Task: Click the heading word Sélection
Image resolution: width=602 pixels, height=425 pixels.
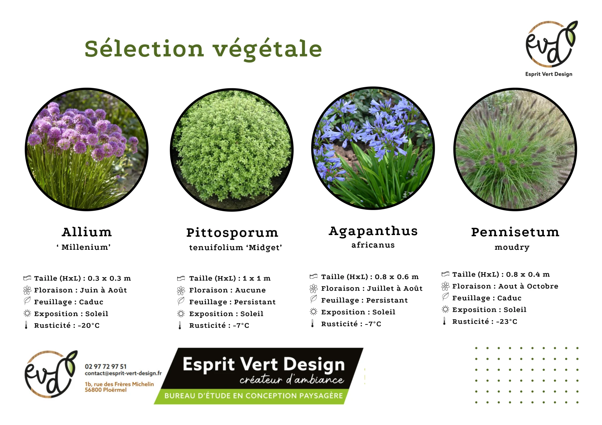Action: (144, 48)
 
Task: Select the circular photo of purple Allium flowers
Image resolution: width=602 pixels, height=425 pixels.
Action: (87, 149)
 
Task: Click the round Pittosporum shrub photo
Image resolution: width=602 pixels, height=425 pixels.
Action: (232, 150)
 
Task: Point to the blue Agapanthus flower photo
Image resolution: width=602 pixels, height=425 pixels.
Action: (373, 148)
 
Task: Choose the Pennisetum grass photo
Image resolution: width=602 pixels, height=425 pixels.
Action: (515, 149)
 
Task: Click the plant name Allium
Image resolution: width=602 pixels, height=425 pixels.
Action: (87, 232)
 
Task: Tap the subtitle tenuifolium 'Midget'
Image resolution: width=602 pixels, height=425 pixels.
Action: (235, 247)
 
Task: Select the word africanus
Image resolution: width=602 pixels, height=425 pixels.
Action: (373, 245)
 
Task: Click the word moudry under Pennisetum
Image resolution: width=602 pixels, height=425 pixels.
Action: (512, 247)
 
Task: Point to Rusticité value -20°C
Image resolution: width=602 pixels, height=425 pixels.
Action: (89, 326)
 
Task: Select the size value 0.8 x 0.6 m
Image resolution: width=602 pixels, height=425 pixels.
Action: (397, 277)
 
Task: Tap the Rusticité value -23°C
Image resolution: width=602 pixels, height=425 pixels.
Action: (507, 322)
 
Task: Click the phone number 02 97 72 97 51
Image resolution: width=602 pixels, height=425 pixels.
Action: (106, 367)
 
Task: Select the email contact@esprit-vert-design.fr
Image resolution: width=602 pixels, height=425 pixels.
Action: (123, 373)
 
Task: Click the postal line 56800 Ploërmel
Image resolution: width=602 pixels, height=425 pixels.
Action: (106, 390)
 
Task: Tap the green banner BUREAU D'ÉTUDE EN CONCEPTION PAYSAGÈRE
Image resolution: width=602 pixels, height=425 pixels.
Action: (254, 396)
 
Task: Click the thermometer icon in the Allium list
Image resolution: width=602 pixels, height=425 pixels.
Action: (26, 325)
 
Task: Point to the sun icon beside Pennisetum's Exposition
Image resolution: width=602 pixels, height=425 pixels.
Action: (445, 309)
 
